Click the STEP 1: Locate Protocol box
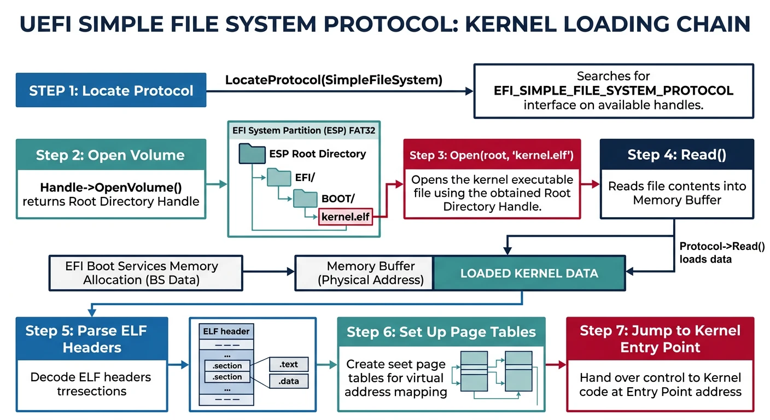click(x=111, y=90)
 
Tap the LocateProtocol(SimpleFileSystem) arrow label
click(x=334, y=80)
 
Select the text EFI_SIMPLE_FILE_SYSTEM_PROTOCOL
click(x=613, y=91)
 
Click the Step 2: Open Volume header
click(x=111, y=155)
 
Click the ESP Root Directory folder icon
click(x=252, y=154)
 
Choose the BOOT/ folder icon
click(x=305, y=198)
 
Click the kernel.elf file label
click(x=346, y=217)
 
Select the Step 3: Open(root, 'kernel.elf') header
click(x=492, y=155)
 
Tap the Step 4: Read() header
click(x=676, y=155)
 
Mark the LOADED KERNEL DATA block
click(x=529, y=273)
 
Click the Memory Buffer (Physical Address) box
click(x=364, y=273)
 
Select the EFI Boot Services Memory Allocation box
click(x=145, y=272)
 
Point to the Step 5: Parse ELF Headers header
click(x=92, y=339)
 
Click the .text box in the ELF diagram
click(x=288, y=364)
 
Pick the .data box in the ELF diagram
click(x=288, y=381)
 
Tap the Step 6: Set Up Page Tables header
click(x=441, y=332)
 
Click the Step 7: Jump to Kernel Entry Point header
click(x=660, y=339)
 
